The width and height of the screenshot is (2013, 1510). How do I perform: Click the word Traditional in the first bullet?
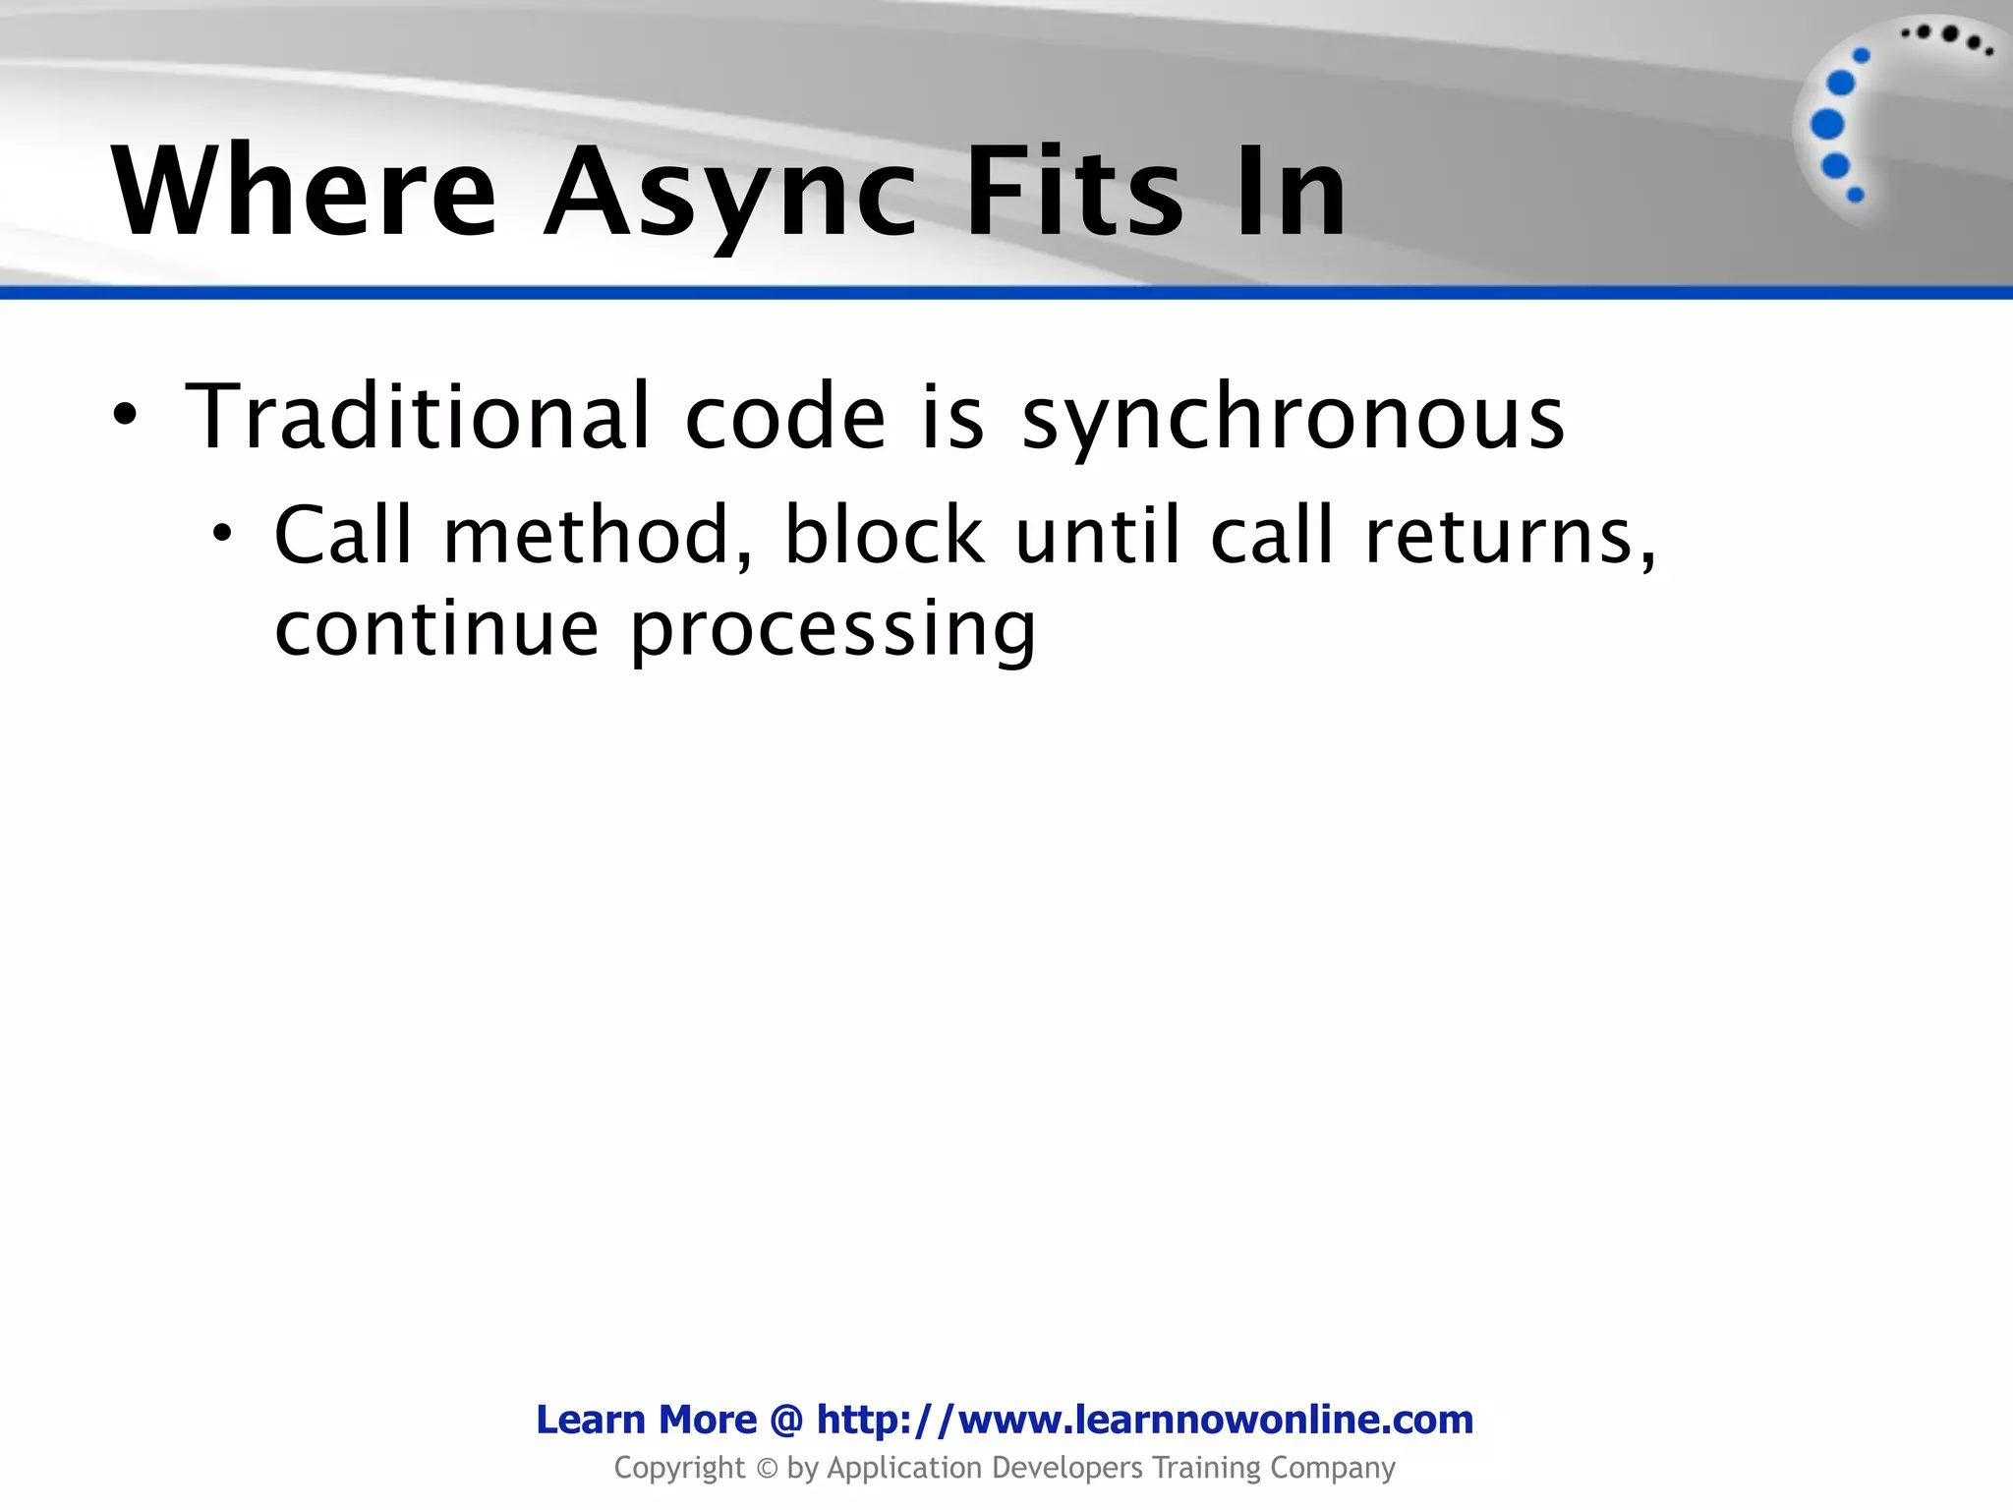[418, 417]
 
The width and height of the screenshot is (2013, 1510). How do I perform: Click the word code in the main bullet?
[785, 417]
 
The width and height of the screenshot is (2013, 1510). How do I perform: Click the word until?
[1096, 536]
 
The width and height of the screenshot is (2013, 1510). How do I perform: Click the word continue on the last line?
[436, 628]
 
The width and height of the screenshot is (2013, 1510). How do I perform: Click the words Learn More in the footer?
[646, 1420]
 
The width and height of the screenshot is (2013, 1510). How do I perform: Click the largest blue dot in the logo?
[1827, 124]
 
